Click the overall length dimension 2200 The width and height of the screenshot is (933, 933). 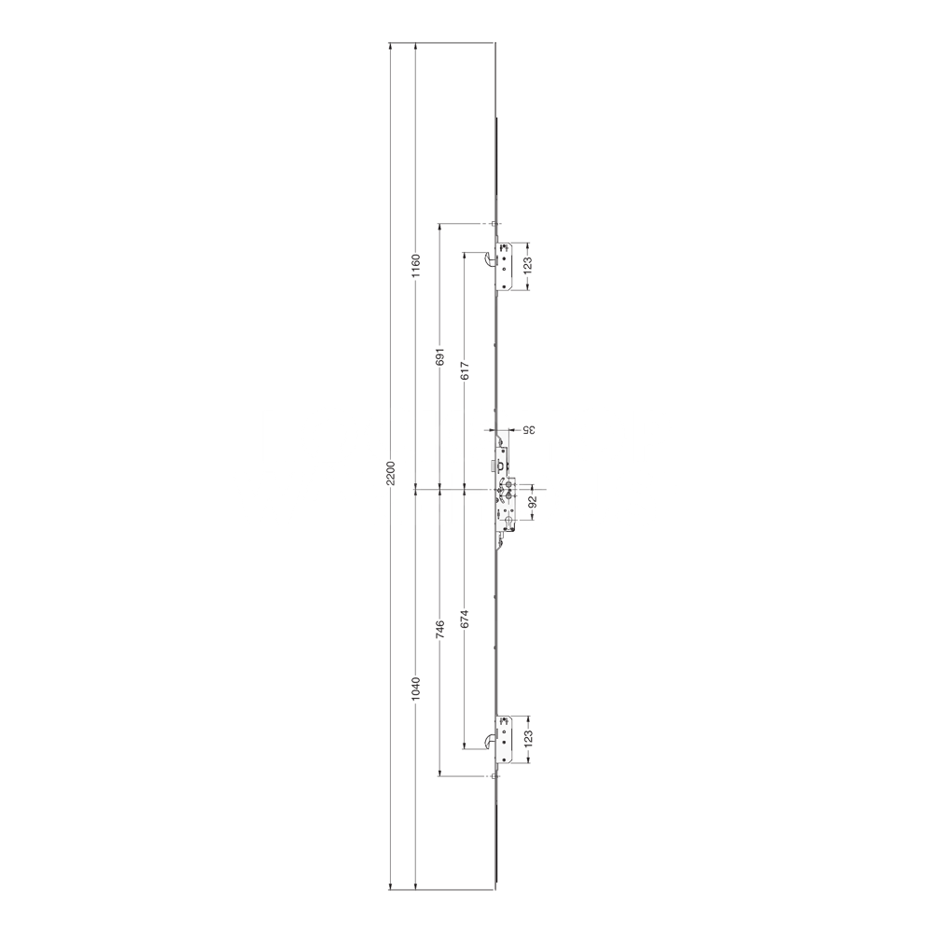click(393, 473)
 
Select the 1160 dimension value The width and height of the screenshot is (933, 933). click(417, 266)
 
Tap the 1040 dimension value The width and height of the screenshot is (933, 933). click(417, 689)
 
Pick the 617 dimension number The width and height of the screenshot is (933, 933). click(466, 370)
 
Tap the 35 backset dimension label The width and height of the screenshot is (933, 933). click(527, 430)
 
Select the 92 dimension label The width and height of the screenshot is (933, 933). click(533, 502)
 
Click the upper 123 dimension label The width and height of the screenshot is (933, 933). click(527, 266)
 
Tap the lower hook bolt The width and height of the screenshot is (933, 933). click(490, 741)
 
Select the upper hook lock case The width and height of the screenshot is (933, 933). click(505, 266)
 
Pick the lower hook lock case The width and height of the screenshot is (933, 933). click(505, 737)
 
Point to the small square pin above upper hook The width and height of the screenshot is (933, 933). click(494, 224)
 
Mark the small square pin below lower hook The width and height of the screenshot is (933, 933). click(494, 776)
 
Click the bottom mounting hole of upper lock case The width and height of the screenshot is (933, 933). click(506, 284)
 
